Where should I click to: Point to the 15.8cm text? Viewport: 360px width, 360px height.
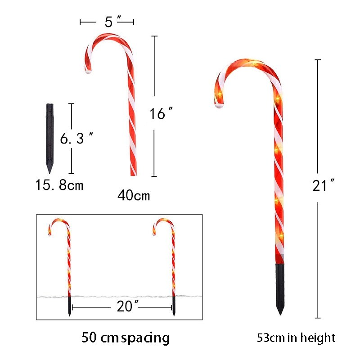[x=59, y=185]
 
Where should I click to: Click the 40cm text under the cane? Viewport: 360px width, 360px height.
[x=134, y=196]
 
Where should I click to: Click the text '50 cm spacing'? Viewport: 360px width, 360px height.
[x=126, y=337]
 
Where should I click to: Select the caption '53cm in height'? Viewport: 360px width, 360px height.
[x=296, y=337]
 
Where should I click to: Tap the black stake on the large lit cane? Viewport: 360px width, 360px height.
[x=280, y=288]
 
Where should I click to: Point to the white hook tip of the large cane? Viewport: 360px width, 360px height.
[x=219, y=106]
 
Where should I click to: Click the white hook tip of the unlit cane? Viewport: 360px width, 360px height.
[x=88, y=71]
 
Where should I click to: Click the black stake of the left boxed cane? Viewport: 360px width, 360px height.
[x=69, y=306]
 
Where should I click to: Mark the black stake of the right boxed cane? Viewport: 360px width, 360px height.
[x=174, y=306]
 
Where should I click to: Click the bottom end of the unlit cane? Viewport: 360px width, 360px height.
[x=134, y=173]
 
